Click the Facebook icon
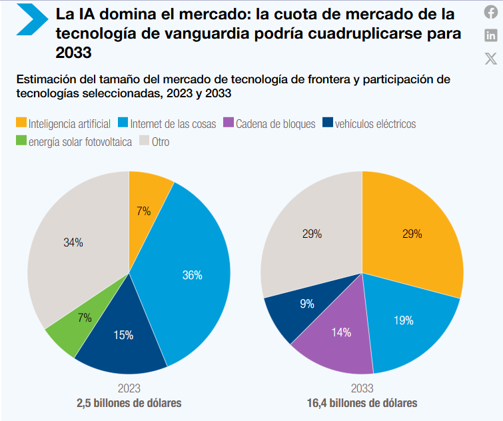pos(491,12)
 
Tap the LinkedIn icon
pos(491,35)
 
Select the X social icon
pos(491,59)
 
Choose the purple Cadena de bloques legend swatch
pos(229,123)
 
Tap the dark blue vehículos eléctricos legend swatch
pos(327,123)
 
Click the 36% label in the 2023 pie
pos(192,275)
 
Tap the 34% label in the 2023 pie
pos(73,243)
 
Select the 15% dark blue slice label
pos(123,335)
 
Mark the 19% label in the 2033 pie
pos(403,320)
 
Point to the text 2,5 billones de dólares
pos(129,403)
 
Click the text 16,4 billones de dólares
pos(362,403)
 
